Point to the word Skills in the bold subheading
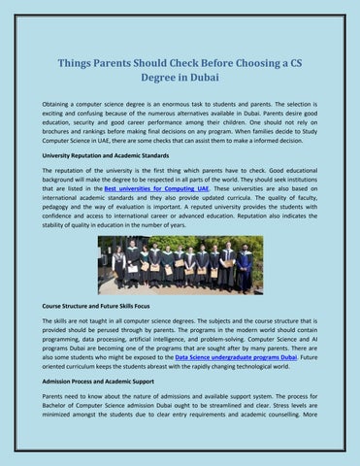point(153,302)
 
